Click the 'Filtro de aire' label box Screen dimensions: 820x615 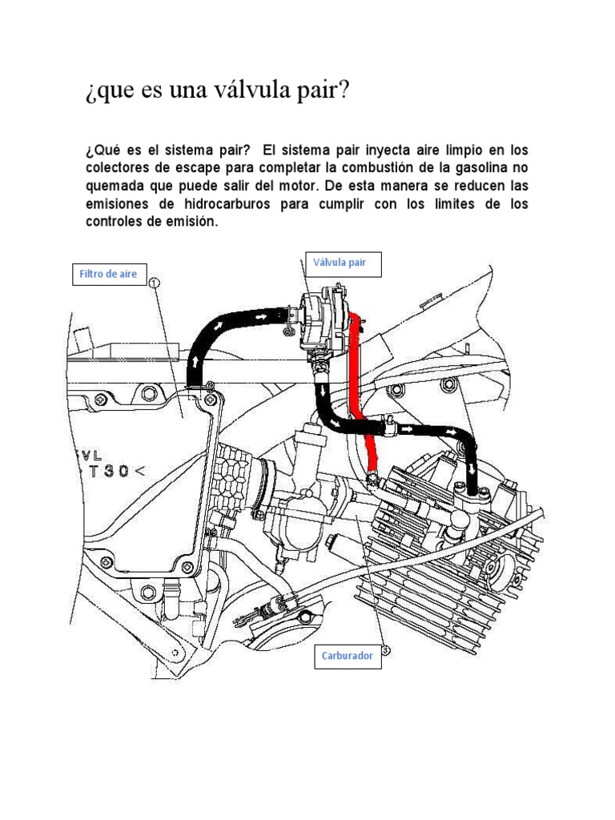107,274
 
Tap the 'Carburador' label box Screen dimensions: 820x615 348,655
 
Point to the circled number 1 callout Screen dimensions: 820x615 155,283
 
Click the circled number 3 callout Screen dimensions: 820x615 385,651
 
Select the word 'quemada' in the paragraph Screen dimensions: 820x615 115,186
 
